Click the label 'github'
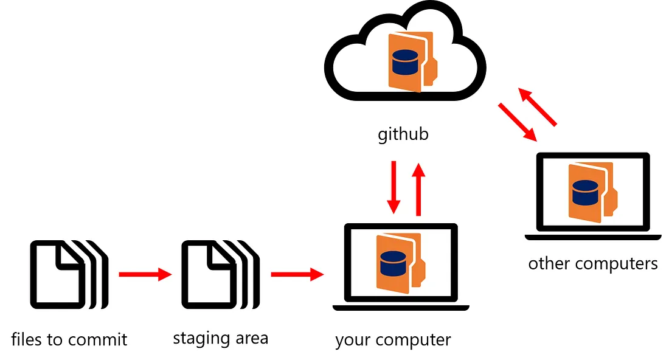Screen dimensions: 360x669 point(403,133)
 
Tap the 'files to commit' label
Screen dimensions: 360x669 point(69,339)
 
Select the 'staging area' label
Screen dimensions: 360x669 point(220,337)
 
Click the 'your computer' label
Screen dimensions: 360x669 point(393,339)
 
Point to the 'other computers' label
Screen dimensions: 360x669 point(592,263)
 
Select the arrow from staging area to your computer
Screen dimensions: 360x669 point(297,275)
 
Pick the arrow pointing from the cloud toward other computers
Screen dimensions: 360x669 point(518,122)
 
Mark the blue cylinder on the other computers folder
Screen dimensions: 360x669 point(584,193)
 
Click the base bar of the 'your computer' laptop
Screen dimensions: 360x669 point(401,308)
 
